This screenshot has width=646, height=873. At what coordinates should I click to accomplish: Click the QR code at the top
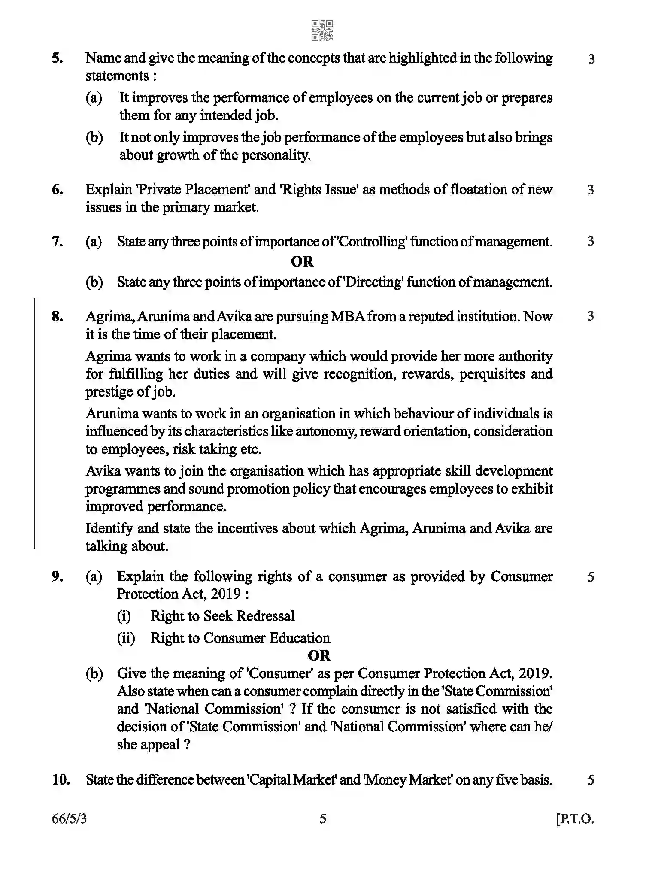(322, 30)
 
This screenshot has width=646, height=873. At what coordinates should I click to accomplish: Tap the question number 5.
(58, 58)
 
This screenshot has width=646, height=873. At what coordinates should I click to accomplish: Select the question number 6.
(58, 189)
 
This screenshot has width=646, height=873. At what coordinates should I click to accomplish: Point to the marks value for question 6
(591, 189)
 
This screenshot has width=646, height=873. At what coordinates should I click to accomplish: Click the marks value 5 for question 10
(591, 780)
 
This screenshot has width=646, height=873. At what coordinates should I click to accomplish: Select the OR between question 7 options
(302, 261)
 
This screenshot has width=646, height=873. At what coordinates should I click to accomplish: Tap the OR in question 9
(319, 655)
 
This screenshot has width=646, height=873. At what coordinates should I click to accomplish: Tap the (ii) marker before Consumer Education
(126, 638)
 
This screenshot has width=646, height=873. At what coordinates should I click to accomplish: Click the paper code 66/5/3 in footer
(69, 819)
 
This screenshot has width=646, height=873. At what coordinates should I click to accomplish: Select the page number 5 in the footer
(323, 819)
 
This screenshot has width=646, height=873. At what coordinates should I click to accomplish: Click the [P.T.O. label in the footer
(575, 819)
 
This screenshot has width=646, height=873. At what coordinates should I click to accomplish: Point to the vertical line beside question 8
(35, 423)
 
